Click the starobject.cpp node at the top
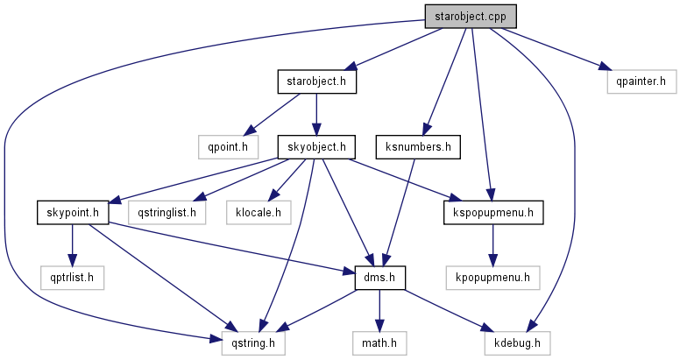click(x=470, y=16)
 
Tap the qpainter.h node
click(x=641, y=82)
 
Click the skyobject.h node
click(x=317, y=146)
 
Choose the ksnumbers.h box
click(x=417, y=146)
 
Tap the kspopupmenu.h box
click(x=493, y=212)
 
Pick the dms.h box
click(x=380, y=278)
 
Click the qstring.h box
click(x=253, y=342)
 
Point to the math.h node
click(x=380, y=342)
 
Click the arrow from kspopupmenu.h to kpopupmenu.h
click(x=492, y=245)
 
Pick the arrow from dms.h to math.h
click(x=380, y=310)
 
